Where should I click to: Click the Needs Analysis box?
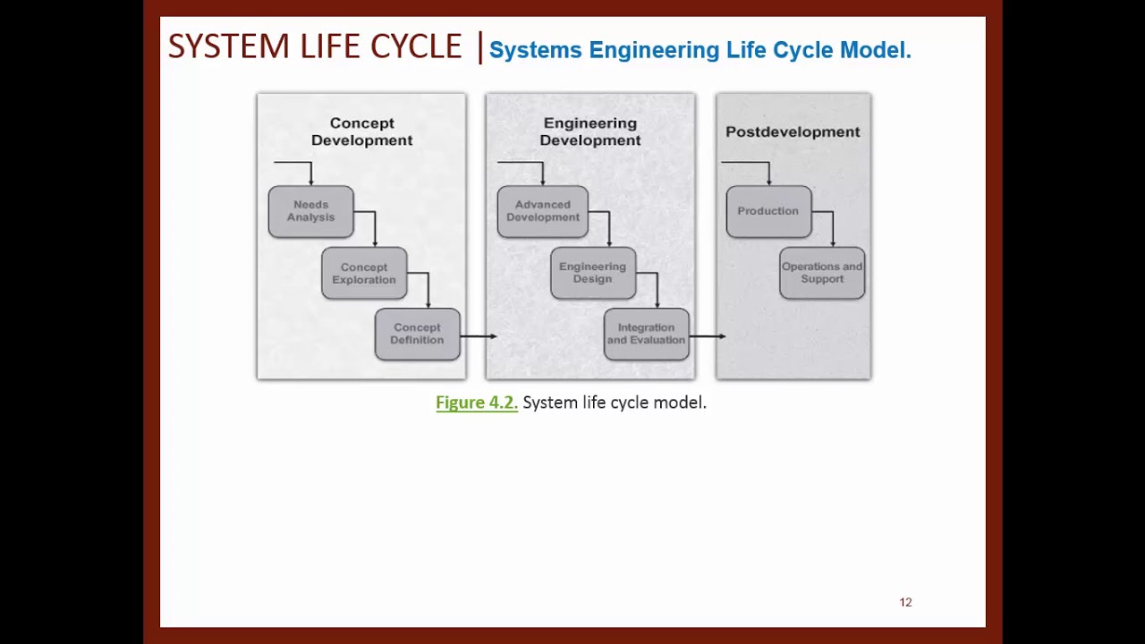click(310, 211)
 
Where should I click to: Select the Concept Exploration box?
click(364, 273)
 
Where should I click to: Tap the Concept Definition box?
click(417, 334)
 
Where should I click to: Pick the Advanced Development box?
click(542, 211)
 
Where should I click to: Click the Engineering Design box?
click(592, 273)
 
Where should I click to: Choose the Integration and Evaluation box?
click(646, 334)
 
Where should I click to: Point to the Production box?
click(768, 211)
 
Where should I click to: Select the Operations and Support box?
click(822, 273)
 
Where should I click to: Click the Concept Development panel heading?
click(361, 131)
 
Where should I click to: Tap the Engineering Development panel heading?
click(589, 131)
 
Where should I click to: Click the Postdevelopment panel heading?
click(793, 131)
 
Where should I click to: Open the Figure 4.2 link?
click(476, 402)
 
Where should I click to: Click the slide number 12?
click(905, 602)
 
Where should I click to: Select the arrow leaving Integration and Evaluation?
click(708, 336)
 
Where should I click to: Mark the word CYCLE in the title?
click(416, 47)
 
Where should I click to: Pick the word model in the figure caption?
click(679, 402)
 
